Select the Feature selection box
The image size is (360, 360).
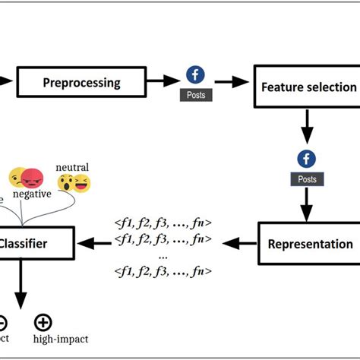click(x=308, y=87)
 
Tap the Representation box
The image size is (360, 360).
click(x=310, y=244)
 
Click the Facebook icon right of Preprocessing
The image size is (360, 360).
click(x=196, y=75)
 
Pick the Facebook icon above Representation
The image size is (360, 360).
click(x=307, y=159)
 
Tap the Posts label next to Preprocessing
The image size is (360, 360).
click(x=196, y=96)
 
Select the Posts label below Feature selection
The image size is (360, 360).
click(x=307, y=180)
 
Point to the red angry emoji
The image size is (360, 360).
click(x=33, y=178)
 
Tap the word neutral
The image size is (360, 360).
click(x=72, y=167)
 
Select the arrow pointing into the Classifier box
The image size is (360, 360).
click(x=92, y=244)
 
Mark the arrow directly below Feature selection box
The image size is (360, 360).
click(x=307, y=125)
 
